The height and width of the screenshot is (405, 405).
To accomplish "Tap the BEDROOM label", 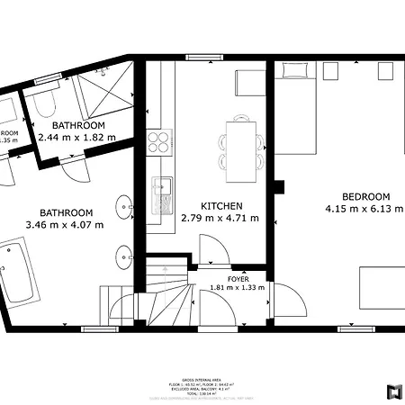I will click(365, 196).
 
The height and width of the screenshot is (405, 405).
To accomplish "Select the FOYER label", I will click(238, 279).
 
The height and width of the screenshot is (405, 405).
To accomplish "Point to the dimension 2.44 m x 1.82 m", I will click(77, 138).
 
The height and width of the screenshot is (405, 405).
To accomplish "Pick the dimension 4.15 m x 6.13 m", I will click(364, 210).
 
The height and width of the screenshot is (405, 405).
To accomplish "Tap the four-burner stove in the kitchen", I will click(159, 142).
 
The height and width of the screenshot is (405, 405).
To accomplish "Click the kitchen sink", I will click(162, 188).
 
